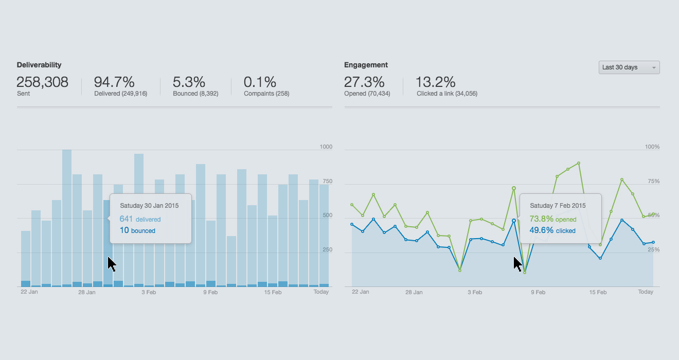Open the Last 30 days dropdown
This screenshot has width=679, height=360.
(629, 67)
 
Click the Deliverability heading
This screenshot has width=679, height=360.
(39, 65)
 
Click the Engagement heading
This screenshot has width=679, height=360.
(366, 65)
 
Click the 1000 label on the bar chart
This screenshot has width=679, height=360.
(326, 147)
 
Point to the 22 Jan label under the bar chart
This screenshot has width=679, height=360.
(29, 292)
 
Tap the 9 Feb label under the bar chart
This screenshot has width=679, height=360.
(211, 292)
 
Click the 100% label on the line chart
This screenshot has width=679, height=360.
(652, 147)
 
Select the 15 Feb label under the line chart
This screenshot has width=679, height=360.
(598, 292)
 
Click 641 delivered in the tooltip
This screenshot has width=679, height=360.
(140, 219)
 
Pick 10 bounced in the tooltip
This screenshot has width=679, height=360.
(137, 230)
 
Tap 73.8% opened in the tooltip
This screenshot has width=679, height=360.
(552, 219)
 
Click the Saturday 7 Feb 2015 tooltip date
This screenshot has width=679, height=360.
(558, 205)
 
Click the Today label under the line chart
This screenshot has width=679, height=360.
(646, 292)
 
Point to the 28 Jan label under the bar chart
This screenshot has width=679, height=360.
(87, 292)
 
